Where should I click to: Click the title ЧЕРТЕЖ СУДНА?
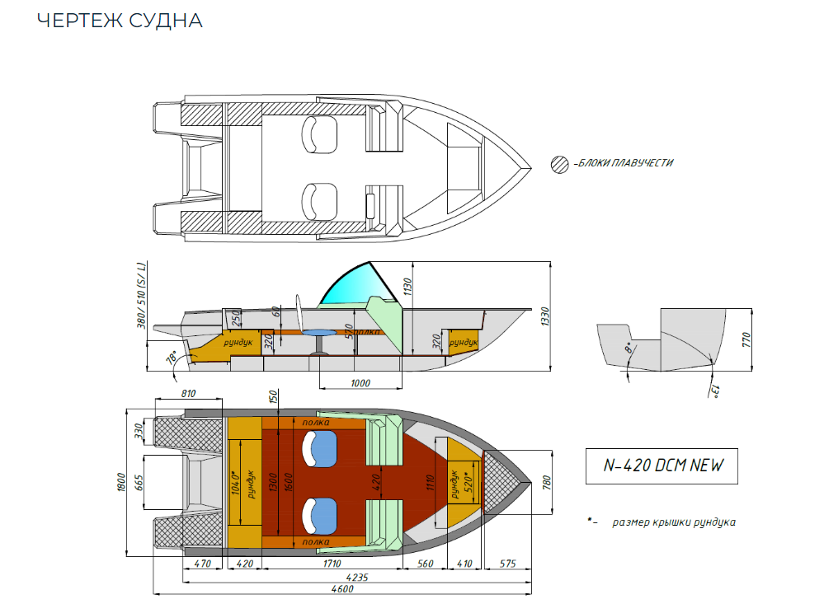(120, 21)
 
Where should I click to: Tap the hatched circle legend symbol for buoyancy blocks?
(559, 163)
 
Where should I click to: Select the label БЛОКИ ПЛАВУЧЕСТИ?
(624, 163)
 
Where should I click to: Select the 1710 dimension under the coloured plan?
(332, 564)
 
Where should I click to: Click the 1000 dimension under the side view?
(360, 384)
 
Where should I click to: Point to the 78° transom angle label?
(172, 357)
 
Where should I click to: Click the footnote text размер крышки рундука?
(673, 522)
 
